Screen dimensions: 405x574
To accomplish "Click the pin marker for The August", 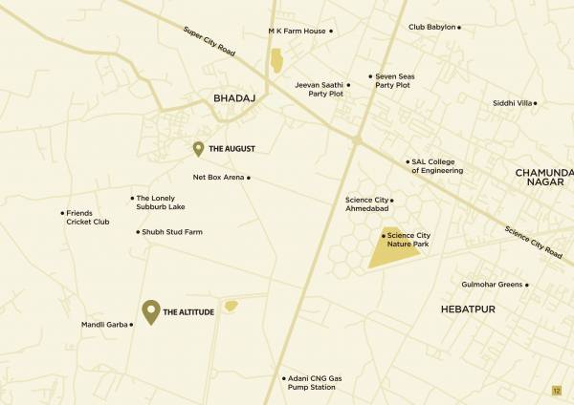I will coord(198,148).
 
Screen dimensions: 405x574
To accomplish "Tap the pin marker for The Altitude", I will coord(150,310).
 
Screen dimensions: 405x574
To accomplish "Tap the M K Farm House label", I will coord(297,32).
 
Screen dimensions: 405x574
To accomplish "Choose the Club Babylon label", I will coord(431,28).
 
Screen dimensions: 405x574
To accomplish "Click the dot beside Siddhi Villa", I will coord(535,103).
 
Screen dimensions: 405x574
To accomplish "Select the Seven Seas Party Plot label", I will coord(392,80).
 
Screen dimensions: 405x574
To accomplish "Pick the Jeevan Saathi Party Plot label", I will coord(319,89).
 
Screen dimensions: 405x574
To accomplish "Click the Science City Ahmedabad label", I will coord(367,204).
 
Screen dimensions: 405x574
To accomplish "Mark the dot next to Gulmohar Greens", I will coord(527,285).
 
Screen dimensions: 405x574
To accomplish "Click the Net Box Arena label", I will coord(218,177).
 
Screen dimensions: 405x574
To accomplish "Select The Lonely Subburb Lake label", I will coord(160,202).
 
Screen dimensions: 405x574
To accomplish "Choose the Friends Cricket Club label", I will coord(87,217).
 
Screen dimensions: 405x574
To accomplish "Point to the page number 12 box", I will coord(556,391).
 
